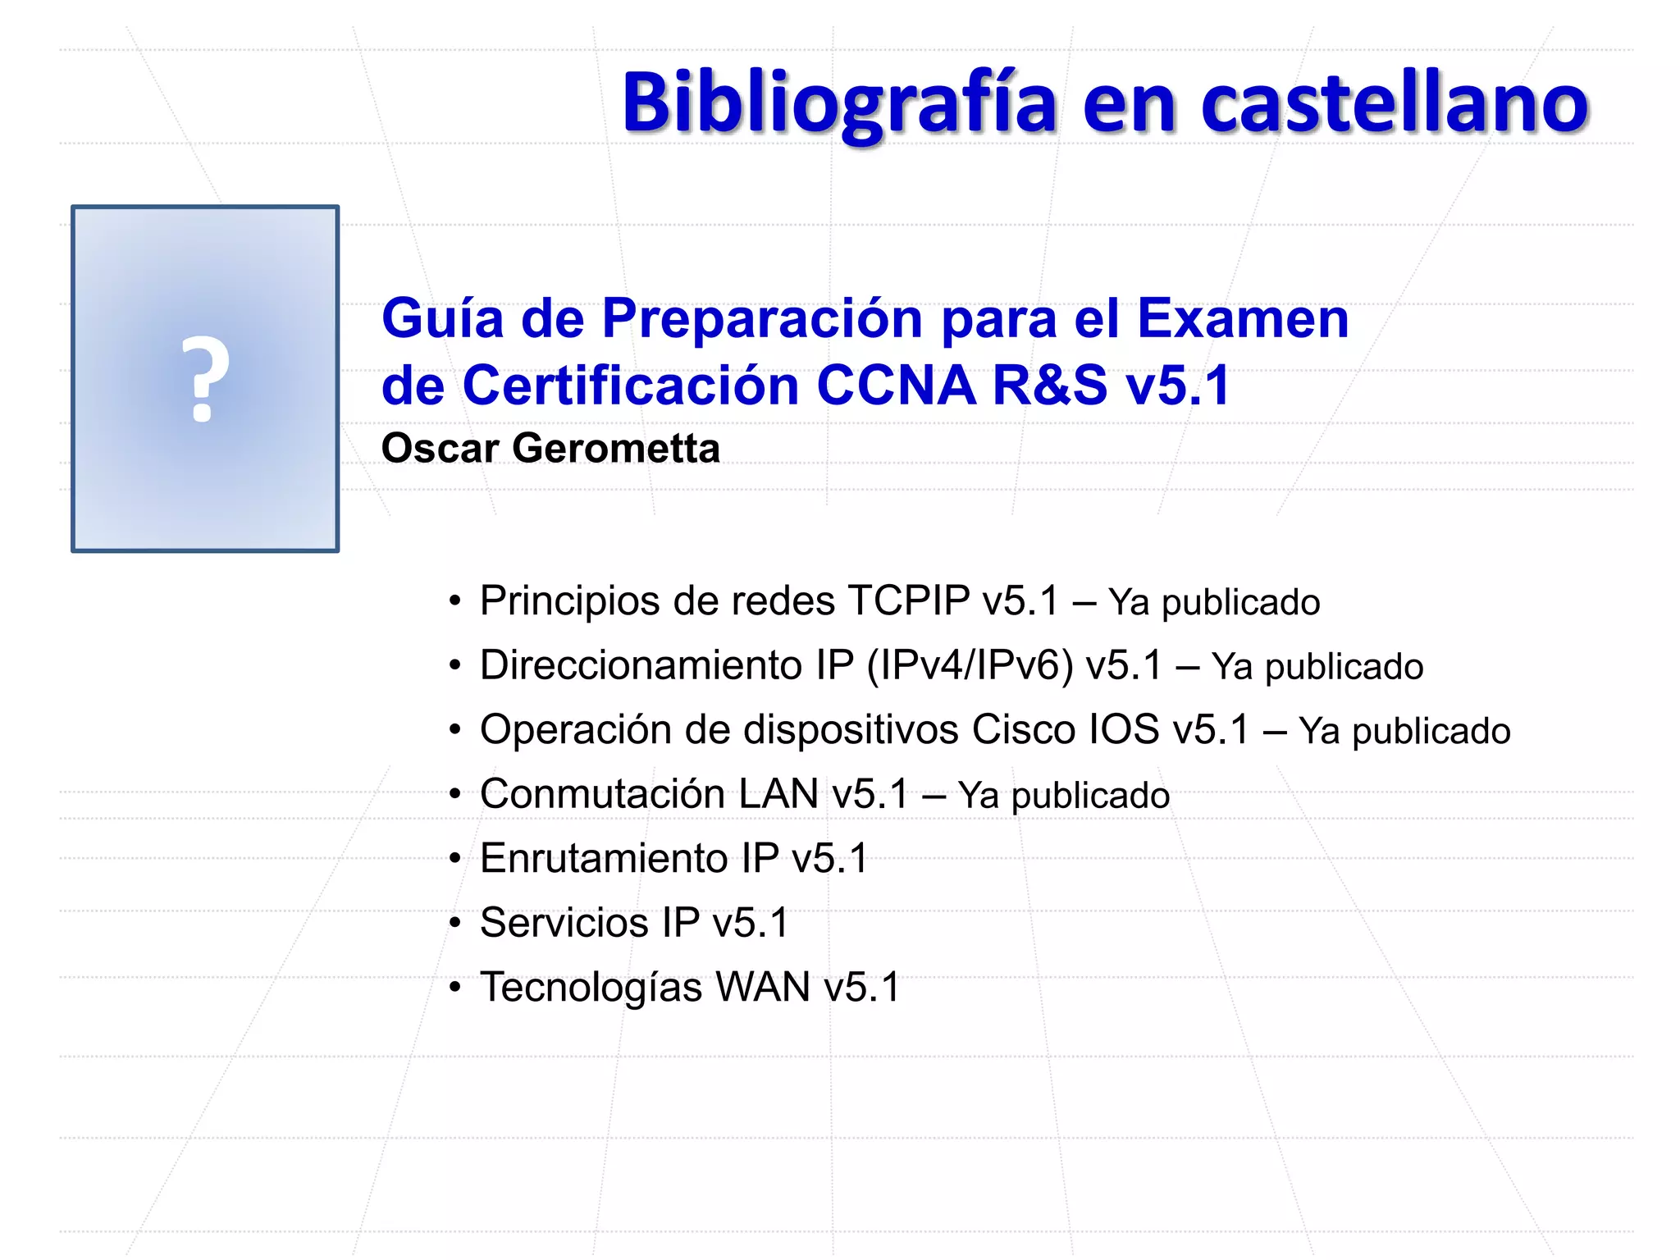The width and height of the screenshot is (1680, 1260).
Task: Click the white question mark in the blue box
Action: (x=204, y=380)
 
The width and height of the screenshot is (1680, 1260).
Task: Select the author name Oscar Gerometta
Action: (x=550, y=448)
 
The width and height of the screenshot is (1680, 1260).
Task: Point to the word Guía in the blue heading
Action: (x=442, y=318)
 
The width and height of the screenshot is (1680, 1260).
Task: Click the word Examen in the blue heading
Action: (x=1242, y=318)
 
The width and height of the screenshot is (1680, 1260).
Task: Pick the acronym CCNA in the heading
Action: (x=896, y=385)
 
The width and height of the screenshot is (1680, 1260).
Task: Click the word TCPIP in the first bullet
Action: (x=909, y=600)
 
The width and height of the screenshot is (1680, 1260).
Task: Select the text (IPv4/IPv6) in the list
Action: (x=970, y=664)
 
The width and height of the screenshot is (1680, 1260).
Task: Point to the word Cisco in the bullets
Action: (x=1023, y=729)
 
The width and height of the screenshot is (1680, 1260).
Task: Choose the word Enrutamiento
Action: (x=604, y=859)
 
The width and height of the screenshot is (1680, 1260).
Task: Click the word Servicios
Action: (x=564, y=923)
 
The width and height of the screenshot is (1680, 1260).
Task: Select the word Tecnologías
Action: (x=591, y=988)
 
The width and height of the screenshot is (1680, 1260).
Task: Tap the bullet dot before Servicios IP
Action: (x=455, y=923)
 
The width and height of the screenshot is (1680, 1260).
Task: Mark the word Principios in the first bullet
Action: (x=569, y=601)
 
